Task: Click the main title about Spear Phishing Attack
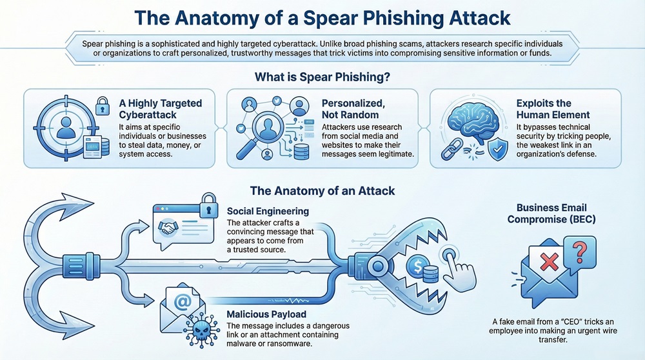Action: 322,18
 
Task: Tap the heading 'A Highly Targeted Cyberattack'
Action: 161,109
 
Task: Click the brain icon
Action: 470,121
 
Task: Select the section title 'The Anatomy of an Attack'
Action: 322,191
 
